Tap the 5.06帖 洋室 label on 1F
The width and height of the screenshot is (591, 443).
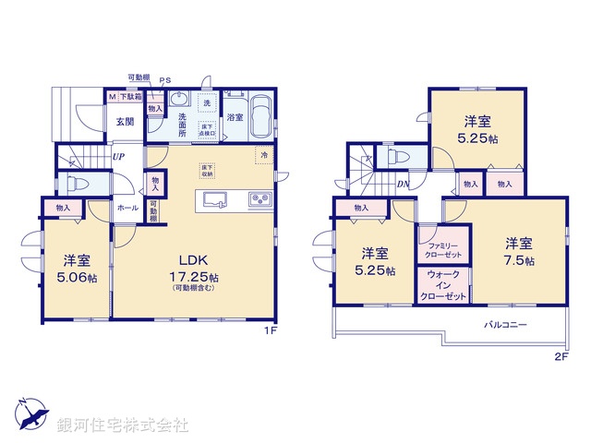coord(75,267)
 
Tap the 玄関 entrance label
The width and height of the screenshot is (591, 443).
coord(126,121)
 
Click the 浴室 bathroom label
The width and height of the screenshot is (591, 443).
coord(235,117)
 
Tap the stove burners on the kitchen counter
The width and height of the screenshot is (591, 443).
coord(257,200)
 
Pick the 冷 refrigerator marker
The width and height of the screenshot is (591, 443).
coord(264,155)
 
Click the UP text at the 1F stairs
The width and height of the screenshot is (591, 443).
coord(119,156)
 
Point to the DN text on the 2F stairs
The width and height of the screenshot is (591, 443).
coord(404,183)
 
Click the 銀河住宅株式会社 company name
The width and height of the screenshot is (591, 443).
coord(122,425)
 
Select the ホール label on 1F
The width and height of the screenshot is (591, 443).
coord(127,208)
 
